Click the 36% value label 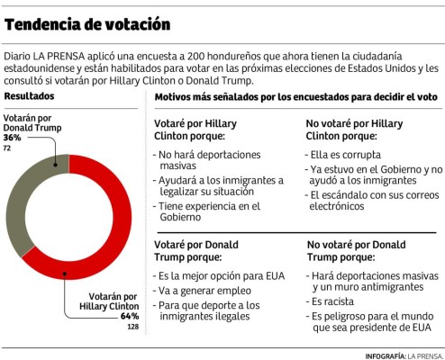tap(14, 138)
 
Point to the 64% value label tap(130, 316)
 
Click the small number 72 tap(8, 147)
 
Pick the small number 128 tap(132, 326)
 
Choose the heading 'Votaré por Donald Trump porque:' tap(195, 249)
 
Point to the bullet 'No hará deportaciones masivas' tap(209, 162)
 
